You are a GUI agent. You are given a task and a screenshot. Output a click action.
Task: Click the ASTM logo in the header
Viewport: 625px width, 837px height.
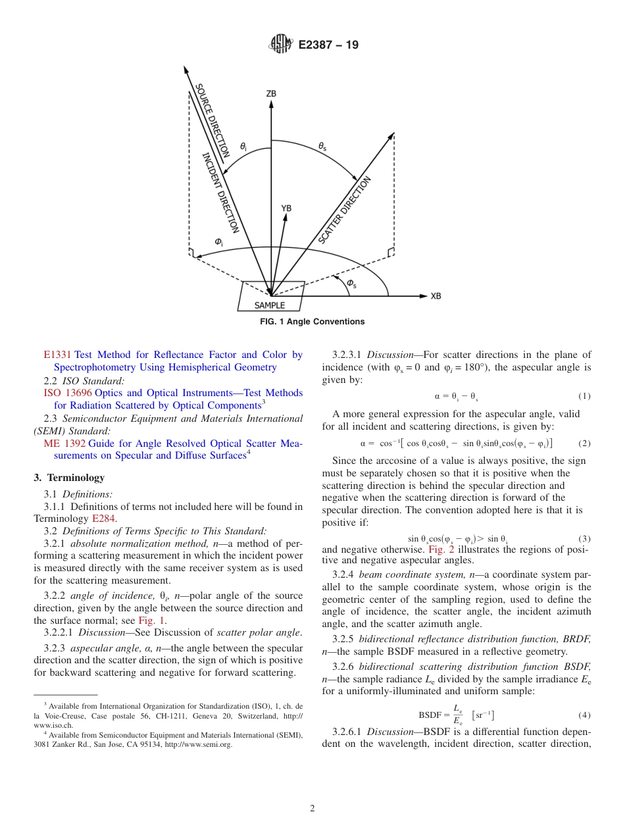tap(281, 45)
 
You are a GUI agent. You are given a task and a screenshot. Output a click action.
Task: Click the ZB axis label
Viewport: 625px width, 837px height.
tap(271, 94)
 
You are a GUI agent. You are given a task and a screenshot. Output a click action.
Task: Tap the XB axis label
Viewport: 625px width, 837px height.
tap(436, 296)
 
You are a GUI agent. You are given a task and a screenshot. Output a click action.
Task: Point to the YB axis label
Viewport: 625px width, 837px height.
tap(286, 208)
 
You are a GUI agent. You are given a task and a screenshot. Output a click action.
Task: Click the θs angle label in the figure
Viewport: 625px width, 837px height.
tap(322, 148)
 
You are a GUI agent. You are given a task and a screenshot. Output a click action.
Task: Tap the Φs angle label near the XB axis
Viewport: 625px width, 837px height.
tap(351, 284)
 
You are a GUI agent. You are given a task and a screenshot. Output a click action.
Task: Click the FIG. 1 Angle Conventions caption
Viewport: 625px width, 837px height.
tap(312, 322)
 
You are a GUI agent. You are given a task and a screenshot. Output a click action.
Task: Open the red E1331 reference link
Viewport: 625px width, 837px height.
tap(57, 355)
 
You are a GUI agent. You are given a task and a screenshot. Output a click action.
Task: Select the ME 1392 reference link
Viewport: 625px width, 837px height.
tap(64, 444)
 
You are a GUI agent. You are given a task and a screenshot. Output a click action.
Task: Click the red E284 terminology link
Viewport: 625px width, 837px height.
tap(104, 519)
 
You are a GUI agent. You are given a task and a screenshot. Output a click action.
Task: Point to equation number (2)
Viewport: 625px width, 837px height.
tap(584, 444)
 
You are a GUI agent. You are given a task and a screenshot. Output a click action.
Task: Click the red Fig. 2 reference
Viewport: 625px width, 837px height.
tap(441, 549)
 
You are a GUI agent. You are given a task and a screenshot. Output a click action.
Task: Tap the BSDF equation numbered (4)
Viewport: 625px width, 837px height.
tap(456, 715)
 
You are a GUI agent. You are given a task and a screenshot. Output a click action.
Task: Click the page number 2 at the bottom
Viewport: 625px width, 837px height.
tap(312, 809)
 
